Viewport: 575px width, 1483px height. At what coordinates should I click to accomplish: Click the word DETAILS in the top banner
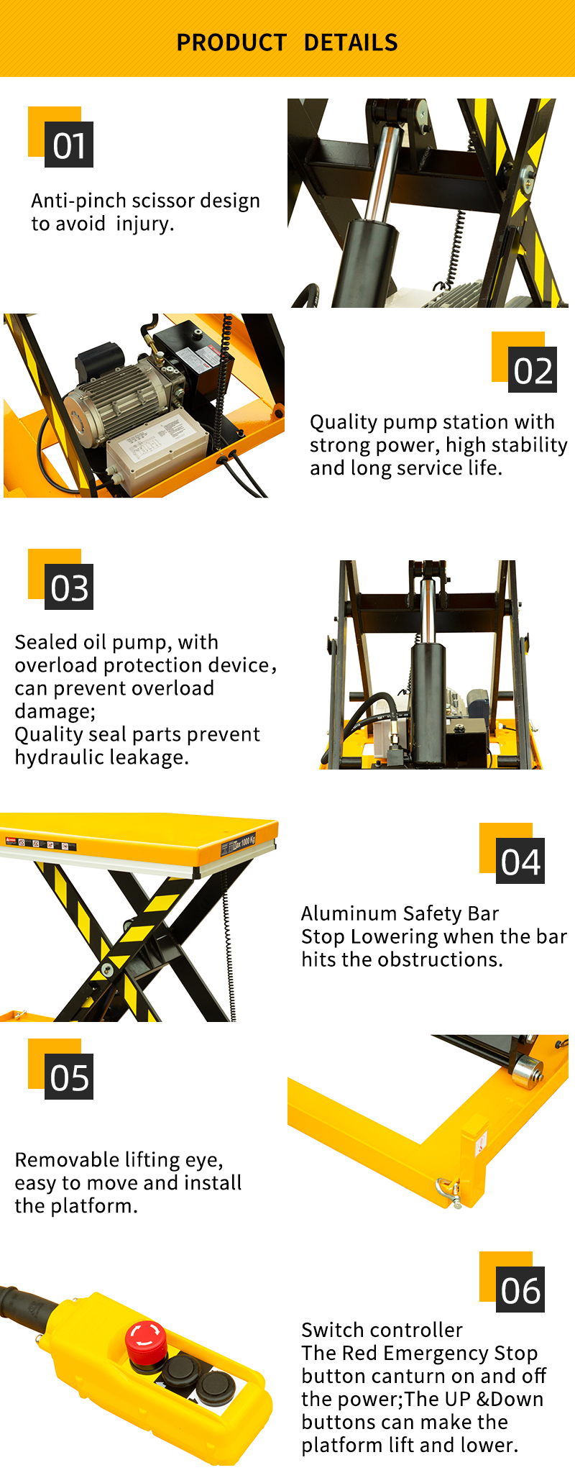point(351,43)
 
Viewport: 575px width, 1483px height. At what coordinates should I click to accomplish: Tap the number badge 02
point(533,370)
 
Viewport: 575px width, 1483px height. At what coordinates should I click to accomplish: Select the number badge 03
point(69,587)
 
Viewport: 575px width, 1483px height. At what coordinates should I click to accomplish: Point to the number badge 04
point(520,861)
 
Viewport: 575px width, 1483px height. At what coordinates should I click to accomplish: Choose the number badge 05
point(69,1077)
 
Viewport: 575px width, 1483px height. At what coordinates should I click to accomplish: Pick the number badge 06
point(520,1290)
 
